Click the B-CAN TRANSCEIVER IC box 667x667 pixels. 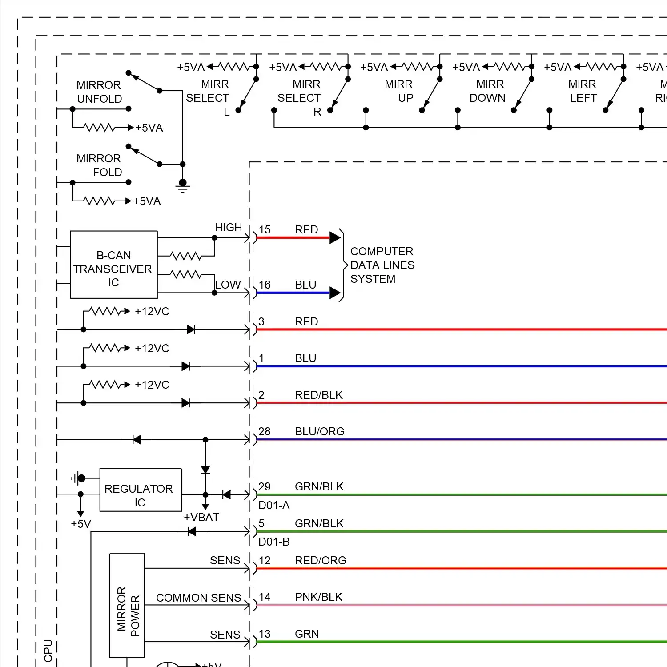coord(114,265)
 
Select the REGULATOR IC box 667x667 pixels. coord(141,490)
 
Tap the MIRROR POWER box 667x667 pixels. coord(127,605)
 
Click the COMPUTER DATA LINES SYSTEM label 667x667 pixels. coord(382,265)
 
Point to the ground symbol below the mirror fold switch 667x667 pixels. coord(182,185)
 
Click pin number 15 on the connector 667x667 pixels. coord(265,229)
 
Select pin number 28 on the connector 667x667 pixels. coord(265,431)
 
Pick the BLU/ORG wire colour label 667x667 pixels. coord(319,431)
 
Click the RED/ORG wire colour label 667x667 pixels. coord(320,560)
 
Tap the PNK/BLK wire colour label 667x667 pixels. coord(318,597)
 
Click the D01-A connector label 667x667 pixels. coord(274,505)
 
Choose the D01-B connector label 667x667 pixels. coord(274,542)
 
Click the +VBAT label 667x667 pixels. coord(201,517)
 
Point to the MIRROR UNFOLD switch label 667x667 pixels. coord(99,92)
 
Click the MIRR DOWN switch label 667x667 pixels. coord(489,91)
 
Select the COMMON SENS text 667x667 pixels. coord(198,598)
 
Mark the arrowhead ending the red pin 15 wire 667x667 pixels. coord(335,238)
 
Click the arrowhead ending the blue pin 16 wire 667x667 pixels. coord(335,293)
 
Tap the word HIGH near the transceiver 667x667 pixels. coord(229,227)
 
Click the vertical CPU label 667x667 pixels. coord(48,651)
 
